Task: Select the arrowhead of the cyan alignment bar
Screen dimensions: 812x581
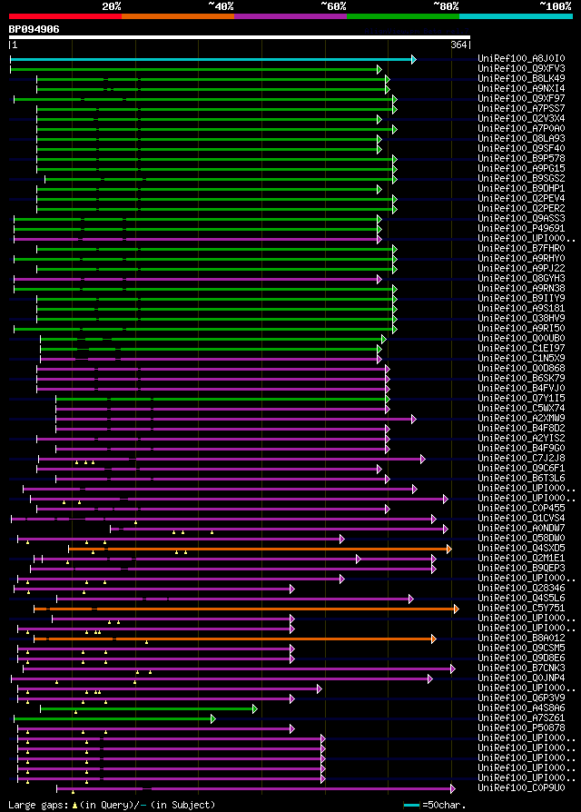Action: pos(413,59)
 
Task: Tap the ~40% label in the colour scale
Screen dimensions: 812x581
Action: pos(221,5)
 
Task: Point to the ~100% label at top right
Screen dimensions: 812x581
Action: pos(555,5)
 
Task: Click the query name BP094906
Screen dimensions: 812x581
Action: pos(34,29)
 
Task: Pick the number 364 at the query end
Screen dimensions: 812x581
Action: pos(458,45)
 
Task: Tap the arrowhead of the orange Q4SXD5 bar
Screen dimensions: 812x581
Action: pos(448,549)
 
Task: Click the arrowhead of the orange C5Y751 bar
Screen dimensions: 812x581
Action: pos(456,609)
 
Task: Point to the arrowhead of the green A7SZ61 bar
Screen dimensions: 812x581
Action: pos(212,718)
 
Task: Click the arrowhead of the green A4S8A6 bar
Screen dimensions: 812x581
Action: pos(254,708)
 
